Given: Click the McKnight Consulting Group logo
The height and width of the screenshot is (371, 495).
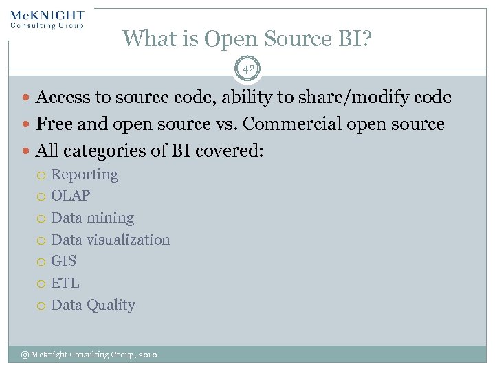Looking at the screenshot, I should click(x=47, y=19).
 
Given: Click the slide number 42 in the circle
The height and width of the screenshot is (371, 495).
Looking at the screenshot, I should click(x=247, y=69).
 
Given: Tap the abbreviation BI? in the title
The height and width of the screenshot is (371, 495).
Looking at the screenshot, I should click(x=353, y=38).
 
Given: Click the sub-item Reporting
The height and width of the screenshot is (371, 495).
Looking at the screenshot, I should click(x=85, y=175).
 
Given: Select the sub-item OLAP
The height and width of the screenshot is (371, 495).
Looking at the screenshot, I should click(x=71, y=196).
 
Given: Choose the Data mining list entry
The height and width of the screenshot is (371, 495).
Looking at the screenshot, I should click(x=92, y=218).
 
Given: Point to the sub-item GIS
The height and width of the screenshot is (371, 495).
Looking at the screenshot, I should click(x=64, y=261).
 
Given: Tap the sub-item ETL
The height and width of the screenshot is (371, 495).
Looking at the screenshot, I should click(x=65, y=283).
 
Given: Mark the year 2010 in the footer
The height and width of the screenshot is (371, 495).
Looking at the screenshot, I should click(x=148, y=355).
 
